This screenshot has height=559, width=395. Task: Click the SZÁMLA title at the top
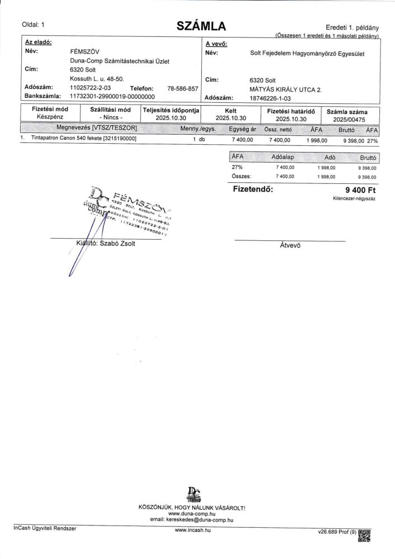point(201,26)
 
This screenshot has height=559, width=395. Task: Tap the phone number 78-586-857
point(183,88)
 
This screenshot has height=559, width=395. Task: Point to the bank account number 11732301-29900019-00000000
point(112,96)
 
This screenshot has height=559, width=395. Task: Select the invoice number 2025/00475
point(349,119)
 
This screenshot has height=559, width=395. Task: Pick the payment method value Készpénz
point(50,117)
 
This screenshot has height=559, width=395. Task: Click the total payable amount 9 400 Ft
point(360,190)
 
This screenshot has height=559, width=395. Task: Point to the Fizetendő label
point(253,190)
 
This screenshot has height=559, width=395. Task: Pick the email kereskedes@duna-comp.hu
point(198,519)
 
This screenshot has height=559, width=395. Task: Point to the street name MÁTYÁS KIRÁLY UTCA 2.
point(285,89)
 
